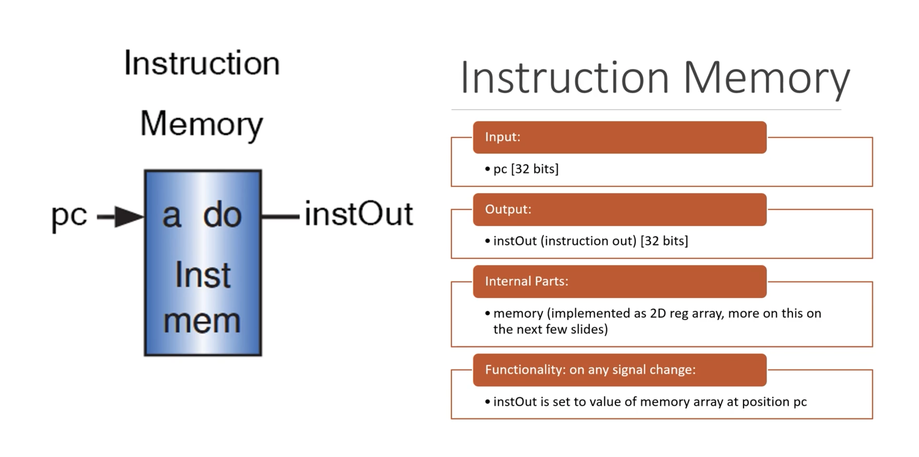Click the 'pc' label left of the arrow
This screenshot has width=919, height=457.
pos(69,216)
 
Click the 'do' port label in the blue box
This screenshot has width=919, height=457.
pos(222,215)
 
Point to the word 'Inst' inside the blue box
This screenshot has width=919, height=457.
pos(203,275)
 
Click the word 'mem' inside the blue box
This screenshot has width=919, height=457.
pos(202,321)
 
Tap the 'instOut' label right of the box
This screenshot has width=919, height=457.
pos(359,214)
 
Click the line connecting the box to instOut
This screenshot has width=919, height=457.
pos(280,216)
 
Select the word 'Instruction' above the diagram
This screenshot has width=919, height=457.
pos(202,63)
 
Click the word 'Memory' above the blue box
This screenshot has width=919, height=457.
pos(202,124)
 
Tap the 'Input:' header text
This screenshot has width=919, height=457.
pos(503,137)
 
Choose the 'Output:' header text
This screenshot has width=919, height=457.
pos(508,209)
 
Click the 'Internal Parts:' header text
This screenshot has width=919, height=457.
pos(527,281)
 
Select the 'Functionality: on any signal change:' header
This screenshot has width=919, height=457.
pos(591,369)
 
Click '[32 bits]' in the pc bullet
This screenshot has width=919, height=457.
pos(535,169)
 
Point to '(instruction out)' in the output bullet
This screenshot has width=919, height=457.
pos(589,241)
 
